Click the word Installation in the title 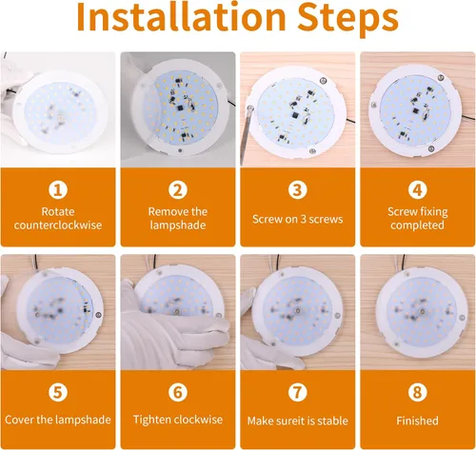(x=181, y=16)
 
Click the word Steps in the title (x=347, y=20)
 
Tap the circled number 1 (x=58, y=190)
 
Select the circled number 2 (x=178, y=190)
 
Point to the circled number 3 (x=298, y=190)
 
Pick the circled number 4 (x=417, y=190)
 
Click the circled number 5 (x=58, y=392)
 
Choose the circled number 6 (x=178, y=392)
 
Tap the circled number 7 (x=298, y=392)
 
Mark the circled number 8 (x=417, y=392)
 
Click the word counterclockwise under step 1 (x=58, y=225)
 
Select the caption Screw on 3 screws (x=298, y=219)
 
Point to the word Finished (x=417, y=421)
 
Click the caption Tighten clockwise (x=178, y=420)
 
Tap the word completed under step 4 (x=417, y=225)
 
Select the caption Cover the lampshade (x=58, y=420)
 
